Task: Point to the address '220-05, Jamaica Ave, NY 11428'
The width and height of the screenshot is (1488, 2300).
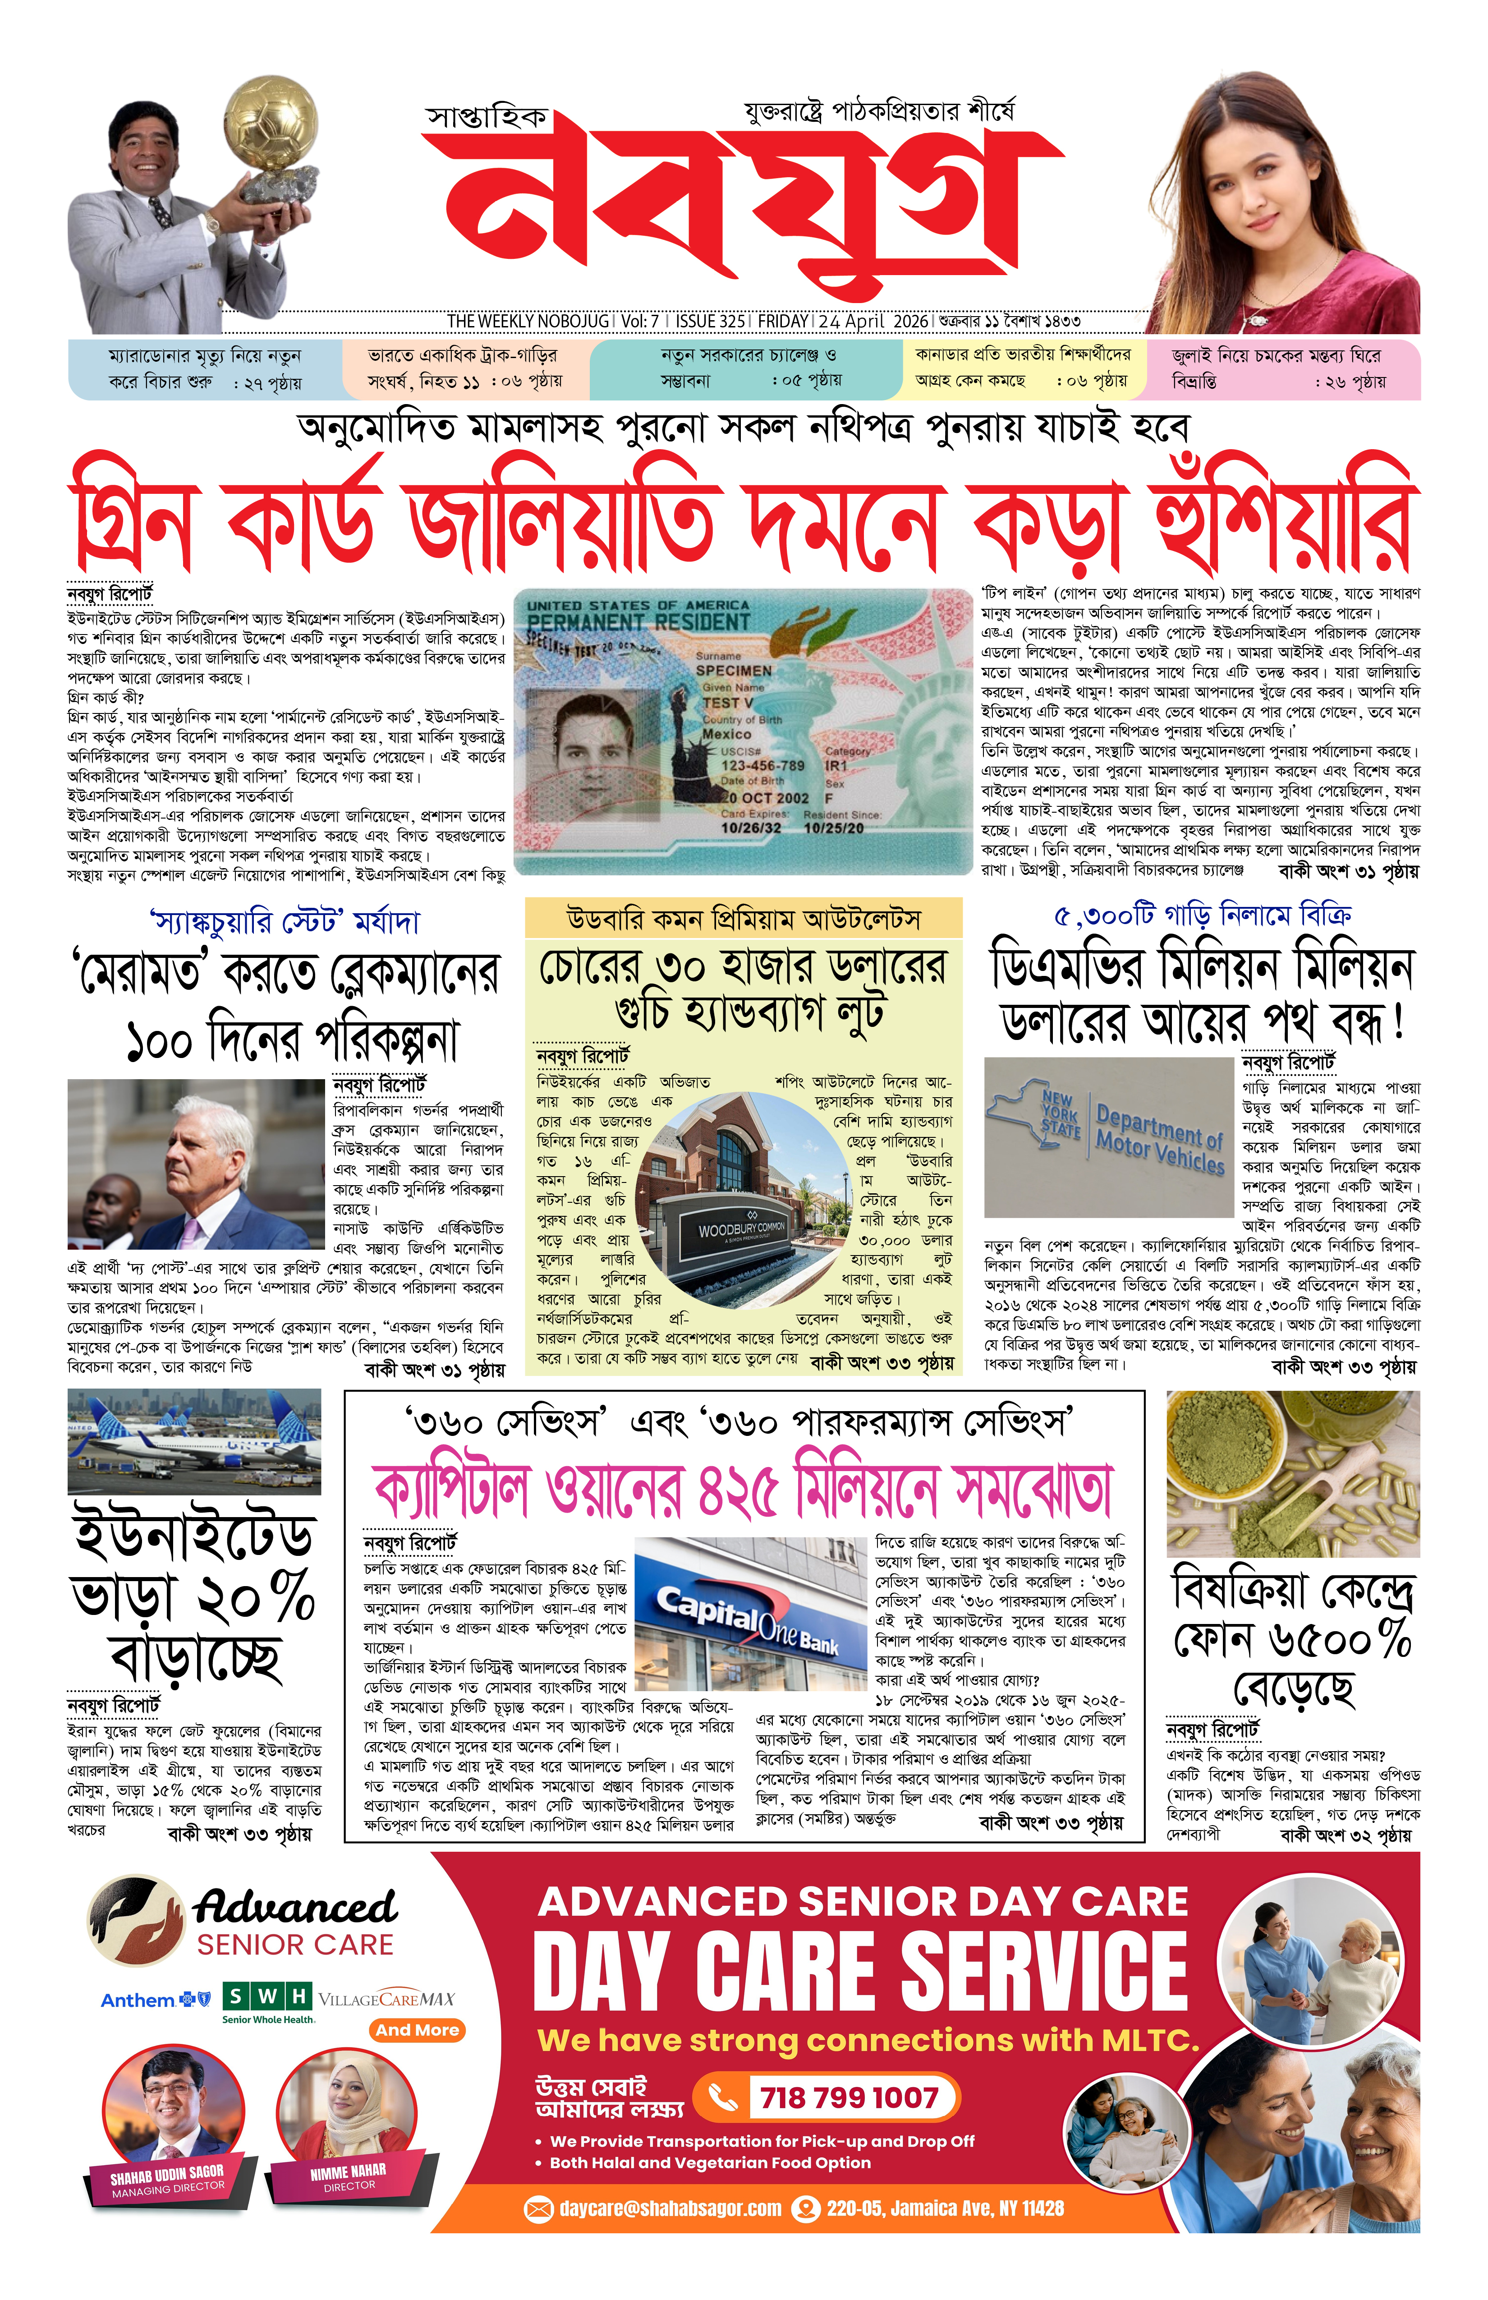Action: click(x=944, y=2208)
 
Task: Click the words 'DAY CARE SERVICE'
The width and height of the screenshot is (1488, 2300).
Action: click(x=860, y=1971)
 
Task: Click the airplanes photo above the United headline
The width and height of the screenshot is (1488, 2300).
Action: click(x=194, y=1441)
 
